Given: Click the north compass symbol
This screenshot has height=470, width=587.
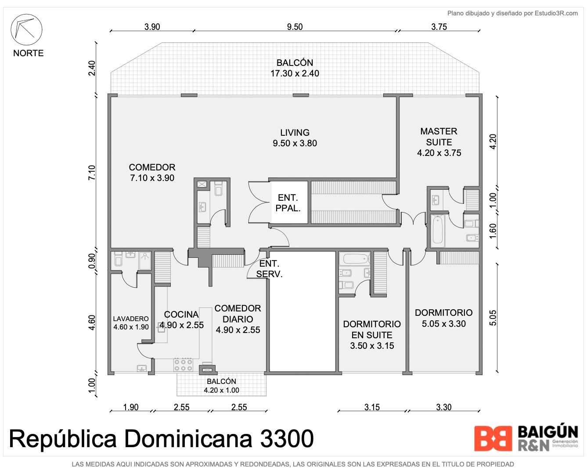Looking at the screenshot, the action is click(x=26, y=29).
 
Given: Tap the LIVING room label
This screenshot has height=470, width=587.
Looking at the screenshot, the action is click(x=295, y=138).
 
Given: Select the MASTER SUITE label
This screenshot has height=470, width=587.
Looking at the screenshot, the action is click(x=439, y=142).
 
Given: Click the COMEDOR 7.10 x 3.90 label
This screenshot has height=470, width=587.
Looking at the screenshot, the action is click(x=152, y=173).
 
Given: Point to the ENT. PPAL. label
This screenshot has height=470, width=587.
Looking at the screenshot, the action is click(x=288, y=203).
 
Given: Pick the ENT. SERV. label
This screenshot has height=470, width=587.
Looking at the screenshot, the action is click(x=269, y=269).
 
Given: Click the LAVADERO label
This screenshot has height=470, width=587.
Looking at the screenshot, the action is click(x=131, y=322).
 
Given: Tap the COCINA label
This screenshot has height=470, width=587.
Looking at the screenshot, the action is click(x=181, y=320).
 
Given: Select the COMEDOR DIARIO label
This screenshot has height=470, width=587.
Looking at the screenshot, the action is click(x=238, y=319).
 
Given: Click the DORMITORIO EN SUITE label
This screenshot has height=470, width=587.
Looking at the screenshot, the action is click(x=372, y=335).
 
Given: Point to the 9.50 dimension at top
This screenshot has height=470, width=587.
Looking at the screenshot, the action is click(x=295, y=27).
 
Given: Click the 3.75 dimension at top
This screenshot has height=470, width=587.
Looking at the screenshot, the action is click(x=439, y=27).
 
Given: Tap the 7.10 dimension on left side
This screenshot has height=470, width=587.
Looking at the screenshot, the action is click(x=92, y=173).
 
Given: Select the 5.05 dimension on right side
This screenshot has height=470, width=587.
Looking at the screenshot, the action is click(x=493, y=318).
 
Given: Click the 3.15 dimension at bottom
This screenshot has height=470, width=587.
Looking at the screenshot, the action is click(x=372, y=407).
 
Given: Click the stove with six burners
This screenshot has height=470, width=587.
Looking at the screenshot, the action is click(x=184, y=365).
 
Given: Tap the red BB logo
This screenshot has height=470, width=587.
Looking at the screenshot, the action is click(x=493, y=439).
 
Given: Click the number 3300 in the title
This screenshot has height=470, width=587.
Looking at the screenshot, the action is click(x=287, y=439).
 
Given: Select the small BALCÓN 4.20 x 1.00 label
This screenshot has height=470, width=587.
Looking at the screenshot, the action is click(x=221, y=386).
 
